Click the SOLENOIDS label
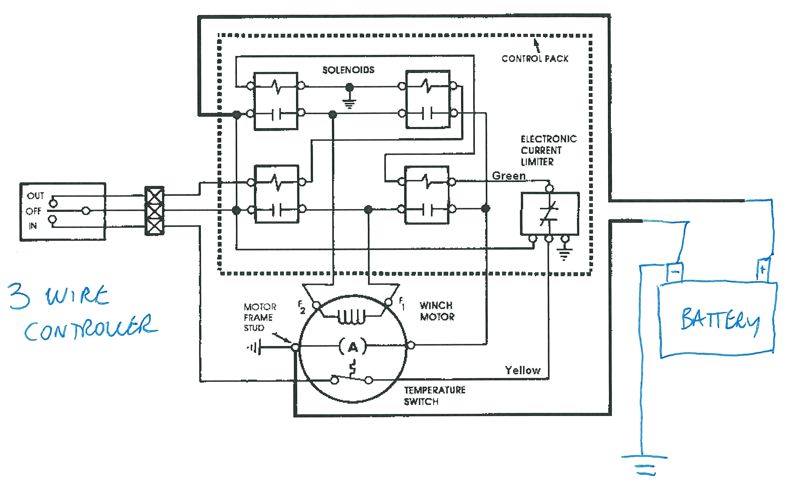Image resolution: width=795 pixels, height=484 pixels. tap(348, 70)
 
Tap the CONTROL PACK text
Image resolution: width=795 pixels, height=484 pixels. tap(535, 59)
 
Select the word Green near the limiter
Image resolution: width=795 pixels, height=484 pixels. tap(509, 176)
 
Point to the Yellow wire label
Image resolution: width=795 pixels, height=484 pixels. tap(523, 370)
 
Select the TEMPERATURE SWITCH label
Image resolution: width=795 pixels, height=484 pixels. tap(434, 396)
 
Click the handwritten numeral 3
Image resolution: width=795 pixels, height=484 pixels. tap(20, 296)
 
